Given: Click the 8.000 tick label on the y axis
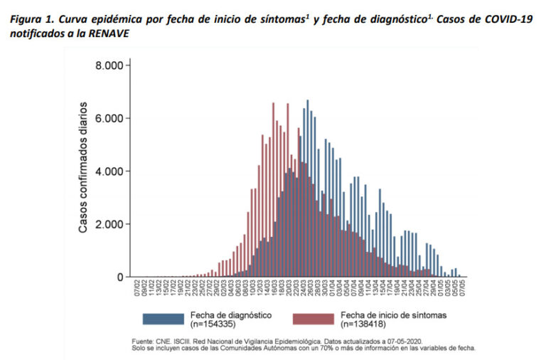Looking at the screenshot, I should click(111, 65).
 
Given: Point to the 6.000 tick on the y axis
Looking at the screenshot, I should click(111, 118).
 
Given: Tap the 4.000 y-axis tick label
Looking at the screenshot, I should click(111, 171).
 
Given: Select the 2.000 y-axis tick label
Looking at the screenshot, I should click(111, 224).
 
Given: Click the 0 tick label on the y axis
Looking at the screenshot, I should click(120, 277).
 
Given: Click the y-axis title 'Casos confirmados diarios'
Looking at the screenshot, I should click(84, 168).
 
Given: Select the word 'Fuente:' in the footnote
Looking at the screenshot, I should click(145, 340).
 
